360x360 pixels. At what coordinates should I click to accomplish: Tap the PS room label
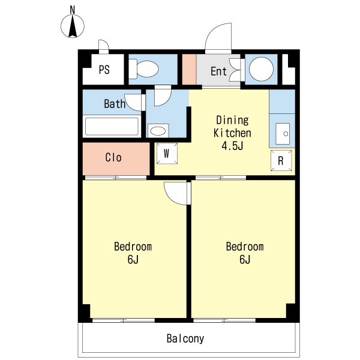104,70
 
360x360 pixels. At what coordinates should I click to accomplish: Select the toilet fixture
143,69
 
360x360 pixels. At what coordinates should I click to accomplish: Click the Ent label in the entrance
218,71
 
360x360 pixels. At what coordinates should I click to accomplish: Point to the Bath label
115,104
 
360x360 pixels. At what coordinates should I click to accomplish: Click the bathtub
112,126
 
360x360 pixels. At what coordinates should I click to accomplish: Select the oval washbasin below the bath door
158,131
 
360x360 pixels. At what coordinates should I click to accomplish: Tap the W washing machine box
167,154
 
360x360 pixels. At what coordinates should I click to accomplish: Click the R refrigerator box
281,160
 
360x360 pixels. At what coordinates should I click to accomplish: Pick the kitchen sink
283,134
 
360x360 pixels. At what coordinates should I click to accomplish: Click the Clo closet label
113,157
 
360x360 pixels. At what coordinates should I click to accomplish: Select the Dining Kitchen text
232,127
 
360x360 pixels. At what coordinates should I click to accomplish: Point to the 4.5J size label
232,146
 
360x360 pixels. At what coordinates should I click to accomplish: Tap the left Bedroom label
133,247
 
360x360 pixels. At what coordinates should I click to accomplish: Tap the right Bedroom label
245,247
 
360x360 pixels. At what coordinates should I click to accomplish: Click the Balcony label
185,338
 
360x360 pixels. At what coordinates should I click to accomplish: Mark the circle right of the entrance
261,69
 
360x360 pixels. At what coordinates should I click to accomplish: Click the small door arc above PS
106,43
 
